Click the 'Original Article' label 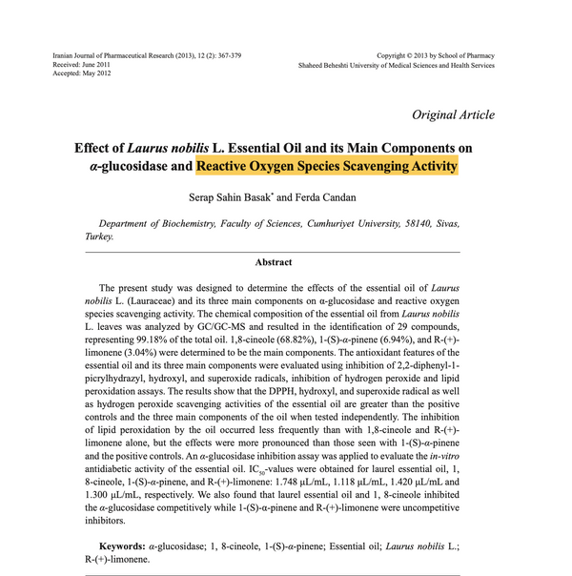(453, 115)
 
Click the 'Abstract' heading (273, 261)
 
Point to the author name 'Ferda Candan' (325, 196)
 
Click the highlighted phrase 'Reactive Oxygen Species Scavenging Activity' (327, 166)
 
